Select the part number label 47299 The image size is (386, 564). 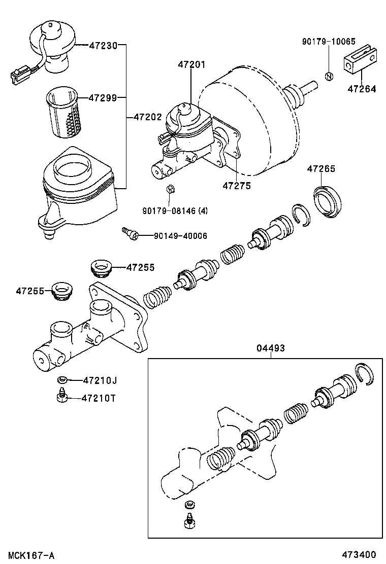pyautogui.click(x=103, y=97)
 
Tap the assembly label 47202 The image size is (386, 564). pyautogui.click(x=147, y=117)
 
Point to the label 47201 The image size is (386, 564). pyautogui.click(x=191, y=64)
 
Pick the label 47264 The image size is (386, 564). pyautogui.click(x=362, y=89)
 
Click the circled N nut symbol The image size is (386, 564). pyautogui.click(x=329, y=77)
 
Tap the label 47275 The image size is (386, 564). pyautogui.click(x=236, y=186)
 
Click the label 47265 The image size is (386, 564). pyautogui.click(x=320, y=169)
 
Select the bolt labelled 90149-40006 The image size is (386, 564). pyautogui.click(x=130, y=233)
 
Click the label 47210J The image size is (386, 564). pyautogui.click(x=100, y=380)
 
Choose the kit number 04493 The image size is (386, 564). pyautogui.click(x=270, y=348)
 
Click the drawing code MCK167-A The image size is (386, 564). pyautogui.click(x=30, y=555)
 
